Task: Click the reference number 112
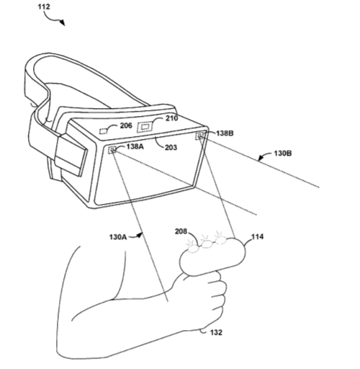coord(44,6)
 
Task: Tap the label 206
coord(126,125)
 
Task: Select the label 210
coord(172,118)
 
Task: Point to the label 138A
coord(135,146)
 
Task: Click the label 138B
coord(225,133)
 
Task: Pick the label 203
coord(171,147)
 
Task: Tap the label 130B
coord(283,154)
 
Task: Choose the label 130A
coord(118,237)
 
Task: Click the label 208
coord(181,231)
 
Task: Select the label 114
coord(257,237)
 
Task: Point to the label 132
coord(216,332)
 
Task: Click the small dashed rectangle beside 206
coord(104,131)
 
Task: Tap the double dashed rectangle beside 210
coord(145,127)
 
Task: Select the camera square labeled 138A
coord(112,150)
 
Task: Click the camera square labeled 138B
coord(199,136)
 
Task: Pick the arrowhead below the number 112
coord(63,23)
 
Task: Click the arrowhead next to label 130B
coord(261,159)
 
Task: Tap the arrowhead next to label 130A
coord(139,236)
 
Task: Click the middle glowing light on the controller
coord(206,244)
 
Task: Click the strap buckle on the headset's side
coord(71,154)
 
